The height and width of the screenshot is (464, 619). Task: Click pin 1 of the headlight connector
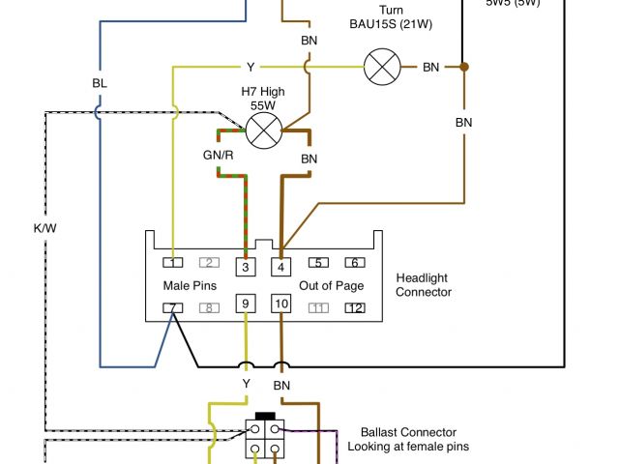172,262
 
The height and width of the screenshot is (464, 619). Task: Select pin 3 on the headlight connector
246,267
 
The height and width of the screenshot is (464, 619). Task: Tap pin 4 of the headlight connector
281,267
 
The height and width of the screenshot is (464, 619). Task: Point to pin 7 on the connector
172,308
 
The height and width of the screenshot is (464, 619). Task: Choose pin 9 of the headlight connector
246,304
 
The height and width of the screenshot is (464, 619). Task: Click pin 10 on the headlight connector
281,304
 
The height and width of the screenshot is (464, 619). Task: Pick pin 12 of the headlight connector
355,308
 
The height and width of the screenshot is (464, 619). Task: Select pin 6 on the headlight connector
355,262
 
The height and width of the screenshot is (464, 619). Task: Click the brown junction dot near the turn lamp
464,67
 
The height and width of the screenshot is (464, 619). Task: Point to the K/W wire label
45,229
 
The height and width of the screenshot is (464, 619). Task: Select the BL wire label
100,84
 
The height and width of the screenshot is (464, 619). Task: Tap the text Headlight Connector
424,285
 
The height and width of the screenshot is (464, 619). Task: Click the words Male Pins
189,285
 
